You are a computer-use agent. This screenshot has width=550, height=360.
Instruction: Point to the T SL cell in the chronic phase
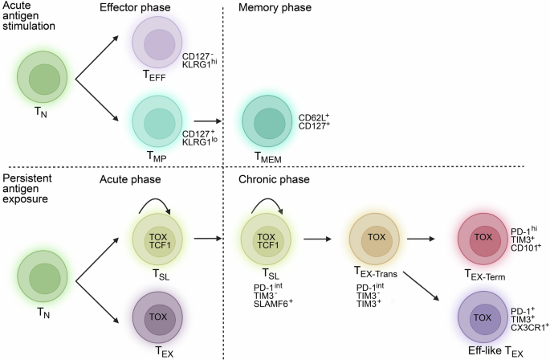[x=265, y=239]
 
